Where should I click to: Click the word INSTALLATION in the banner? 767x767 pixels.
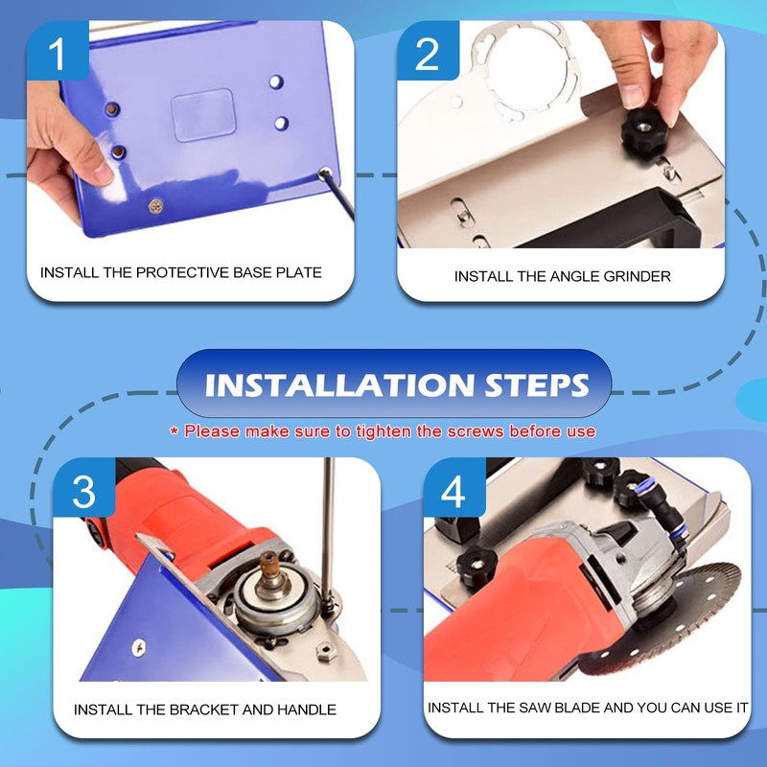[x=336, y=385]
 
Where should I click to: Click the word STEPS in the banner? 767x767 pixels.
[x=531, y=385]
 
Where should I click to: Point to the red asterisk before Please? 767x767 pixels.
[x=174, y=432]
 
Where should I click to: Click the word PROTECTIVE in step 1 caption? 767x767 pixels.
[x=182, y=272]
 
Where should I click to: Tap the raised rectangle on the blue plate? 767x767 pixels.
[x=202, y=116]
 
